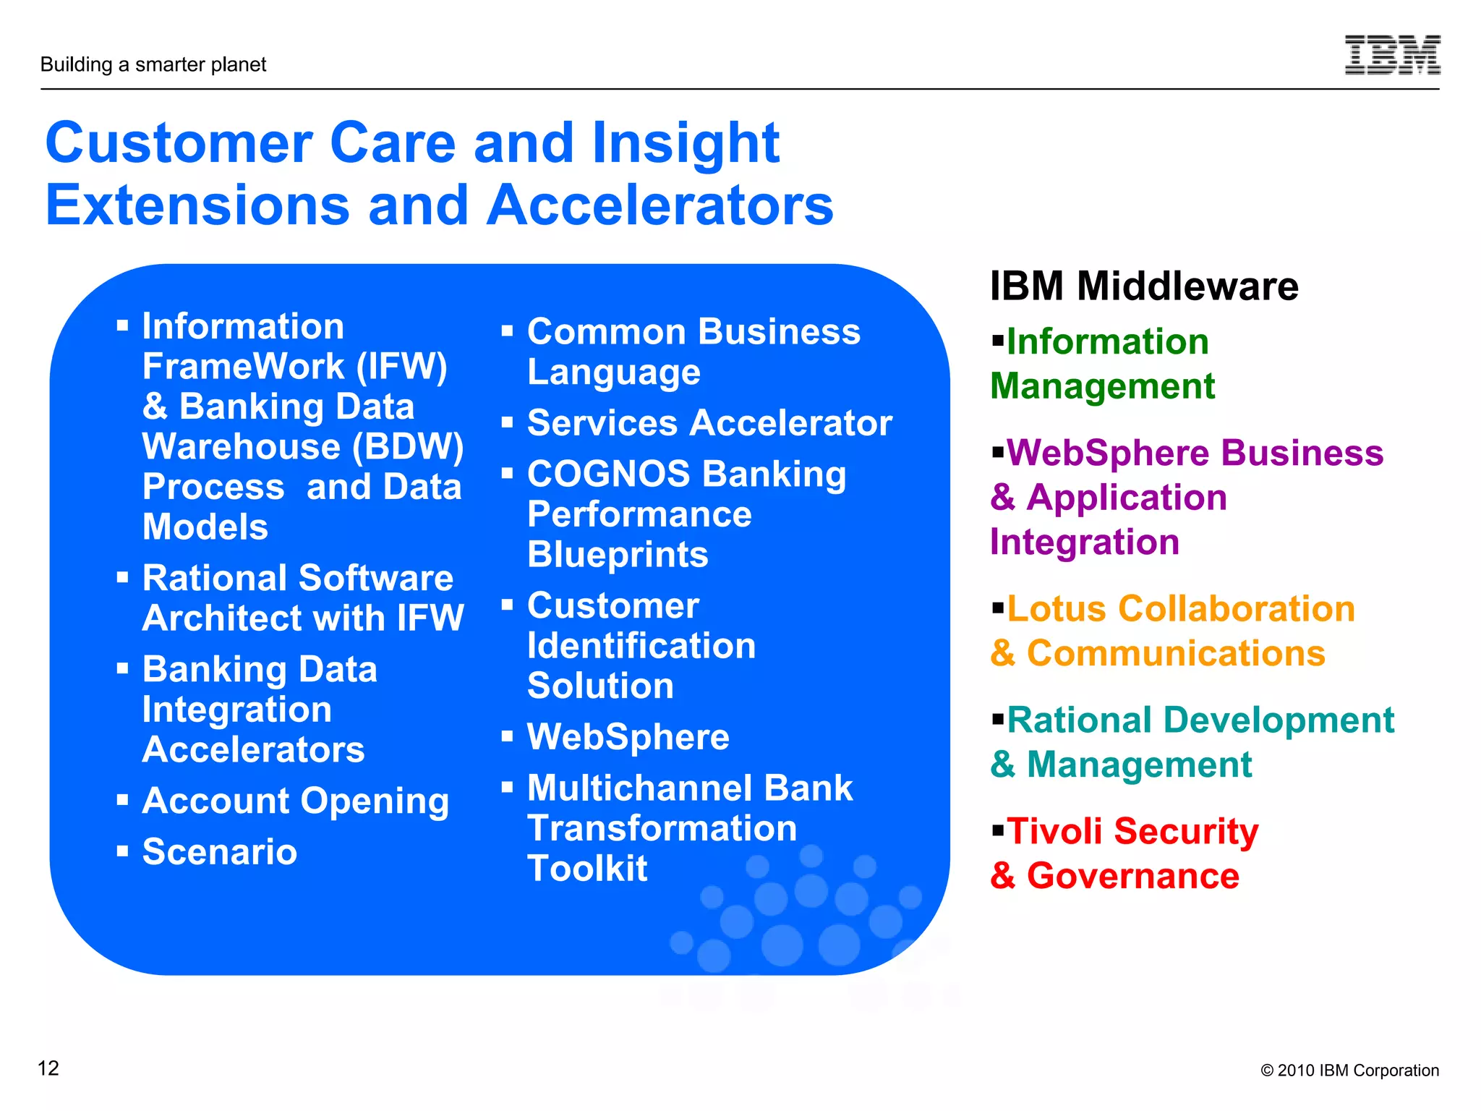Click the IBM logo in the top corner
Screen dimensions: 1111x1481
coord(1392,55)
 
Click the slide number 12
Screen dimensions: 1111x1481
coord(48,1068)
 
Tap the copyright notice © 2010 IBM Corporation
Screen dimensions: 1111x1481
coord(1349,1070)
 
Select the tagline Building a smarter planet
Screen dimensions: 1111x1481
coord(153,65)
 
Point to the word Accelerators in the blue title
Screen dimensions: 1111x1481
coord(660,205)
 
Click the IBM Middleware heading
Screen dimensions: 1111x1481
coord(1144,286)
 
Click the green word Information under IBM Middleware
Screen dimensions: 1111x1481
coord(1107,342)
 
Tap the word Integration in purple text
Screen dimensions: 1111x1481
coord(1084,542)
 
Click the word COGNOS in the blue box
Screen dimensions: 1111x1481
coord(608,474)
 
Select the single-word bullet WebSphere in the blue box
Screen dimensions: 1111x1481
coord(628,738)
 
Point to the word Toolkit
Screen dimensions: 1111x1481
coord(587,869)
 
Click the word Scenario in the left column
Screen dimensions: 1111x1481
coord(220,852)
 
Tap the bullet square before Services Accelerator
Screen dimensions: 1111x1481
coord(508,422)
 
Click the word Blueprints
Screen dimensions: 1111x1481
coord(618,555)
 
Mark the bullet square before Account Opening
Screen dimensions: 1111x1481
coord(123,800)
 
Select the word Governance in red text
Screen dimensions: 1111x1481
coord(1132,876)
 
